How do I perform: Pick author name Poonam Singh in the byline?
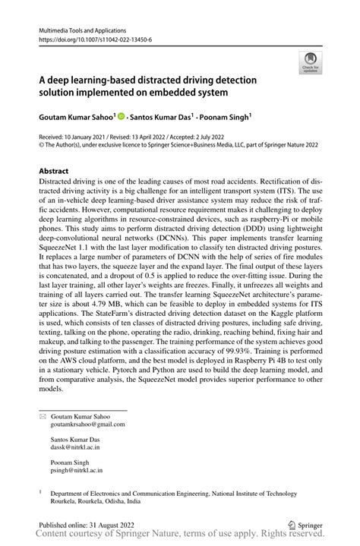(x=225, y=118)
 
